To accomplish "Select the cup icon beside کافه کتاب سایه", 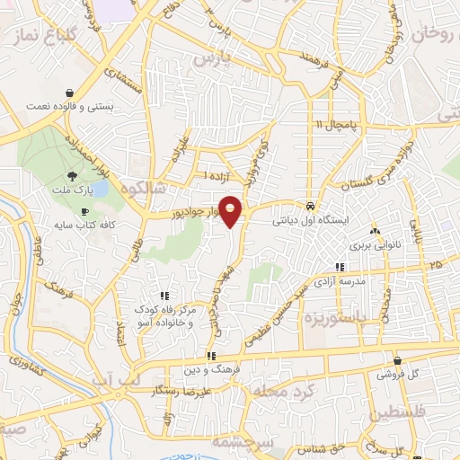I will tap(84, 212).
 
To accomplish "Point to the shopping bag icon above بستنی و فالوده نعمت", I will tap(69, 93).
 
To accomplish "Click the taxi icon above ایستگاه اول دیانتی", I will tap(309, 204).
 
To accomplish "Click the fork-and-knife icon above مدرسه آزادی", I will tap(340, 267).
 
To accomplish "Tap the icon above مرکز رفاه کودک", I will tap(164, 295).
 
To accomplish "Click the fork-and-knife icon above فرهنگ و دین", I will tap(210, 355).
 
